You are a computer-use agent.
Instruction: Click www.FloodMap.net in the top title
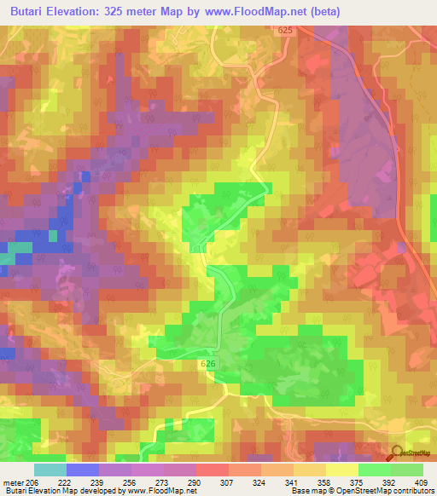coord(291,11)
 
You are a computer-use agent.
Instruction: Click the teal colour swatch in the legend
coord(50,470)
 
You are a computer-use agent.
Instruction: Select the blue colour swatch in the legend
coord(83,470)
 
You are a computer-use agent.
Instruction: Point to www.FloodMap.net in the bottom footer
coord(159,491)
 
